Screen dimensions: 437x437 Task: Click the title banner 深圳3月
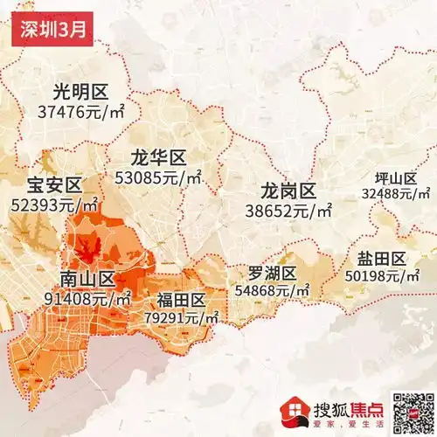[x=50, y=30]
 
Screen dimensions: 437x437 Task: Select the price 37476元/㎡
[x=80, y=112]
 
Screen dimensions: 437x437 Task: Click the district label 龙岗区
[x=288, y=191]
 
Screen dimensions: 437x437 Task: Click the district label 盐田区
[x=382, y=259]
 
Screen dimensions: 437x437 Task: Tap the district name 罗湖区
[x=273, y=273]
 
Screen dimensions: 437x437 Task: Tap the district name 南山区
[x=87, y=279]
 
